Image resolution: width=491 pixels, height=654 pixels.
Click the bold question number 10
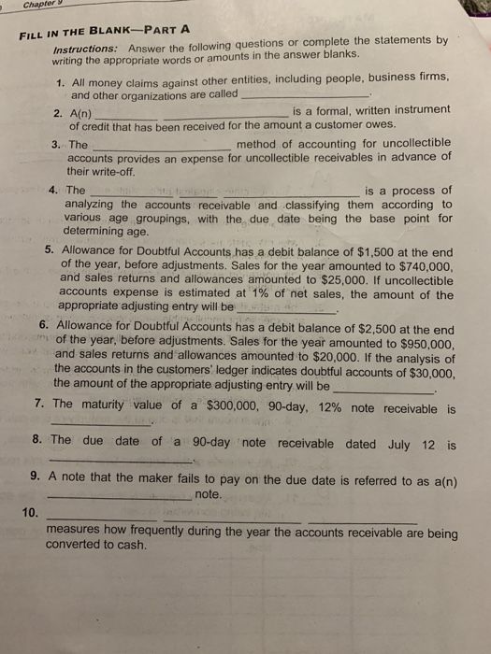[x=30, y=510]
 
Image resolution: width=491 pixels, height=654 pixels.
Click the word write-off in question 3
[x=107, y=173]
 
